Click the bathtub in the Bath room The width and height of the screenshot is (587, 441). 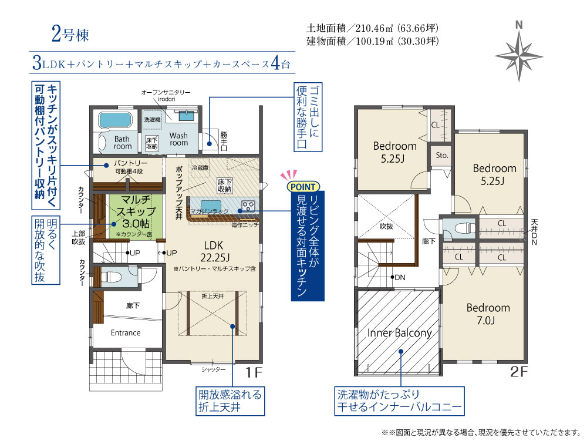point(115,120)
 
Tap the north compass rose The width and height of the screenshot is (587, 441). point(519,55)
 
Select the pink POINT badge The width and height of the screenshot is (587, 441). point(303,186)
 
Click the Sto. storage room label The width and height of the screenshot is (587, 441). point(442,155)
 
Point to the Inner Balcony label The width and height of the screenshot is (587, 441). point(399,333)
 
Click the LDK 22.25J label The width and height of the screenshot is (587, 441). point(214,251)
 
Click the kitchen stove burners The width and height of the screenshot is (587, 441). point(248,206)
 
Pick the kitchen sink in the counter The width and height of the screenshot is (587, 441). point(211,206)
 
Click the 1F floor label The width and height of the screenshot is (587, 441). point(254,372)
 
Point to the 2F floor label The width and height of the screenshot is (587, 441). point(519,372)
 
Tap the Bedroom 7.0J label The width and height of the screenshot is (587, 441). point(488,314)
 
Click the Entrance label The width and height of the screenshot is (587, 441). point(126,333)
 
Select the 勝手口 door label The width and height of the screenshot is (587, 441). point(224,140)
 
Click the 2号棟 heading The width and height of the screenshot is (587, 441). point(70,35)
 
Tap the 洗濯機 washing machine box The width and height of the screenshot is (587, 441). point(153,120)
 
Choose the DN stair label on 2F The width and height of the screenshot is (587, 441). point(400,277)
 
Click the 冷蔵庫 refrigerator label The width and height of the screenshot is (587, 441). point(200,168)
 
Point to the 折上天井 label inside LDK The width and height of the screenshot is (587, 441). point(212,296)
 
